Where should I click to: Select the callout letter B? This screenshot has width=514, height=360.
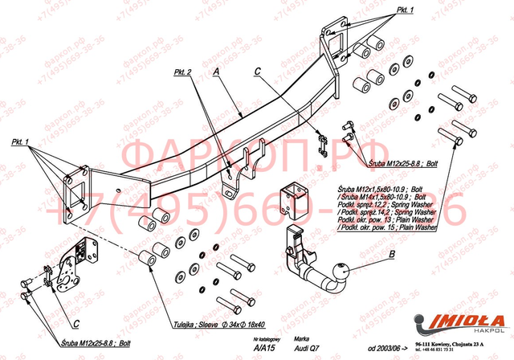coord(391,256)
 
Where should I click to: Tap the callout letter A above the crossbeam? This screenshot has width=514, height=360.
coord(215,72)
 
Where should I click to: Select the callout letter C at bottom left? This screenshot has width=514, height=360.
coord(74,322)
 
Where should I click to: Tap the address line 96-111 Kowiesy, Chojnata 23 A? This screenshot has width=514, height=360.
coord(459,342)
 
